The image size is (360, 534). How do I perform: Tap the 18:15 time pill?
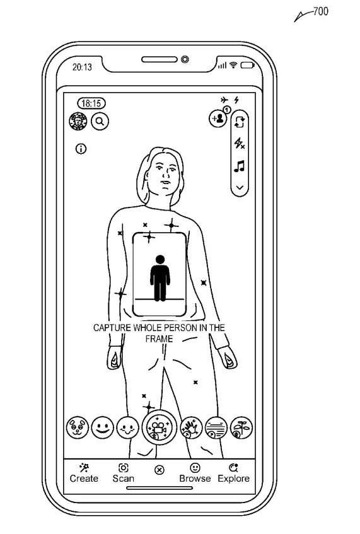click(x=91, y=103)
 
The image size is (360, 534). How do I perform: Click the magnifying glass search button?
click(x=100, y=121)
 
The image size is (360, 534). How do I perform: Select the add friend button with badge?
click(x=219, y=117)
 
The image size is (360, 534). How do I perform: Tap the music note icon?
click(x=240, y=166)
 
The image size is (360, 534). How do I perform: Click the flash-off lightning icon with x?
click(x=240, y=143)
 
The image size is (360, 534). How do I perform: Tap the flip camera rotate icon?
click(x=240, y=122)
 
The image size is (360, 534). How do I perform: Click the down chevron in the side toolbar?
click(x=240, y=188)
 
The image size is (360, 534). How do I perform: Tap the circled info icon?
click(x=81, y=149)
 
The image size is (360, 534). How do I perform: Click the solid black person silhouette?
click(x=160, y=278)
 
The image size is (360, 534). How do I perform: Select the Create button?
click(x=84, y=473)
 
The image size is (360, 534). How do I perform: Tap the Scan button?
click(x=124, y=473)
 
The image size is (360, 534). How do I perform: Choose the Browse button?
click(x=195, y=473)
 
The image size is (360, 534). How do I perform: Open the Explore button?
click(x=234, y=473)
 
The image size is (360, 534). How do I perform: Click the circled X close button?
click(x=160, y=470)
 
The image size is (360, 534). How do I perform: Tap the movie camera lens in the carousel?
click(x=159, y=427)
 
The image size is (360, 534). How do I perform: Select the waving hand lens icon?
click(x=191, y=427)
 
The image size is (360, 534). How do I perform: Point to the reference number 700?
click(x=320, y=11)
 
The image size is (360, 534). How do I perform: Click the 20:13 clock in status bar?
click(x=82, y=67)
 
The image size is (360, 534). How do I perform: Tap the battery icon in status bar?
click(x=248, y=65)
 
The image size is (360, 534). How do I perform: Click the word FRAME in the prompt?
click(x=159, y=339)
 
